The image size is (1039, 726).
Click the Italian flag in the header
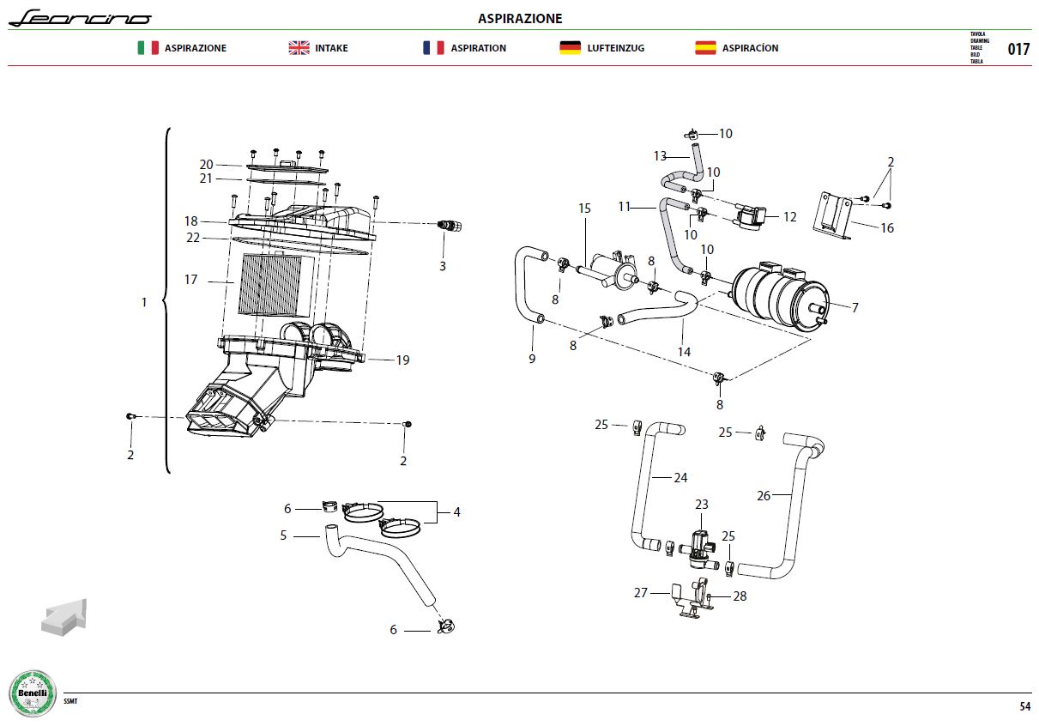pos(148,48)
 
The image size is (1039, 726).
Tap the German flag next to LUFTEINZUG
pos(570,48)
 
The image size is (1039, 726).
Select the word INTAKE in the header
pos(331,48)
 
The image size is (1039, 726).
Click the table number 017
pos(1018,49)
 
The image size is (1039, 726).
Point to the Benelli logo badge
pos(33,693)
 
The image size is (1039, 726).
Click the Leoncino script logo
pos(80,18)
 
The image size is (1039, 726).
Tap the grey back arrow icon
pos(64,617)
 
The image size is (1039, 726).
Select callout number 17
pos(190,280)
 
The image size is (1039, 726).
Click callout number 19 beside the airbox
pos(402,360)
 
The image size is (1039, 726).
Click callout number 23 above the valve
pos(701,505)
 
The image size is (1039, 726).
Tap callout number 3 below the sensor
pos(443,266)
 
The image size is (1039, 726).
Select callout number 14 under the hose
pos(684,352)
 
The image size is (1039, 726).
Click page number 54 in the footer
pos(1025,706)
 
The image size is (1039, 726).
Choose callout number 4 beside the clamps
pos(457,512)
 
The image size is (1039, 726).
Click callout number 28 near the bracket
pos(740,596)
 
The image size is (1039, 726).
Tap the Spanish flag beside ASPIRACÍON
pos(705,48)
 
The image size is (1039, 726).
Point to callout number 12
pos(790,216)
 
